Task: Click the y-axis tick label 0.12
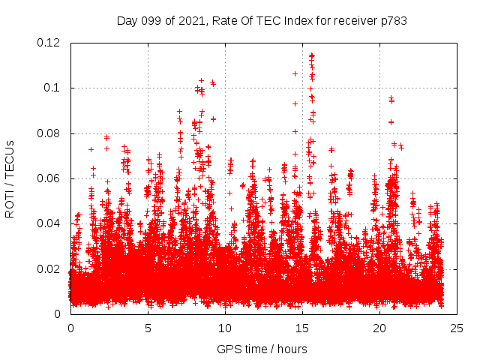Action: coord(49,43)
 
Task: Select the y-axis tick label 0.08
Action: coord(49,133)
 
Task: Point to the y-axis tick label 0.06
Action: coord(49,178)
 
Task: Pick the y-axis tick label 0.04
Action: coord(49,223)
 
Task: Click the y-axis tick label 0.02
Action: coord(49,268)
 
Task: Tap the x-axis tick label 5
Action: coord(148,328)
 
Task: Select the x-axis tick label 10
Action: coord(225,328)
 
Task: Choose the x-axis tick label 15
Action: coord(302,328)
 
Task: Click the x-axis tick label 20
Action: coord(379,328)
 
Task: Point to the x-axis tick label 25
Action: coord(457,328)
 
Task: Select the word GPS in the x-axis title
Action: coord(228,349)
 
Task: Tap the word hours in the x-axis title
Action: coord(292,349)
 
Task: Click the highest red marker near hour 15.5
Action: coord(311,55)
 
